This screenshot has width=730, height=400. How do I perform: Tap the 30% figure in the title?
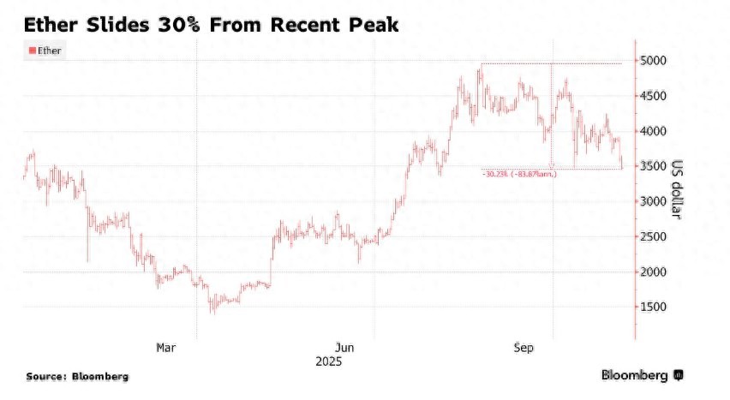pos(181,26)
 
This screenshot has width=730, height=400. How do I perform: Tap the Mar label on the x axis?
pos(165,348)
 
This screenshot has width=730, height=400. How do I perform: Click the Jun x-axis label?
pos(344,348)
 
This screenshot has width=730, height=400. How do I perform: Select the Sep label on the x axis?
pos(523,348)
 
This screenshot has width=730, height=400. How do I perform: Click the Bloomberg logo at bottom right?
pos(642,375)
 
